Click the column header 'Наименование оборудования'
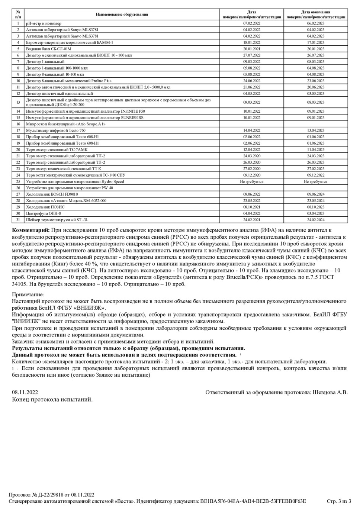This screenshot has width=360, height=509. pos(122,15)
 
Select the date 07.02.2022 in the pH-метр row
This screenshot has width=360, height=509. pos(252,23)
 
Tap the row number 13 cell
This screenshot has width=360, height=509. pos(18,102)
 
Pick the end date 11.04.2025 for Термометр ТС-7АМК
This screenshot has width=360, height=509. pos(315,149)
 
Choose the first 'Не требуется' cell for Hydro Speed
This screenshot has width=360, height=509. pos(252,181)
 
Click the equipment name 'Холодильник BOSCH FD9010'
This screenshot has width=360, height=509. pos(52,194)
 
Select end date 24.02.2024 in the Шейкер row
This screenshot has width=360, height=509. pos(315,220)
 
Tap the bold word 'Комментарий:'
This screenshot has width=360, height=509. pos(31,231)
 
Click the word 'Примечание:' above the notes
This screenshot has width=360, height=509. pos(28,294)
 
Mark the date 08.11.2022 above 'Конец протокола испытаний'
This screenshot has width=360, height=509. pos(25,392)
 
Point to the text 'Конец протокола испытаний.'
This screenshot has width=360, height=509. pos(52,400)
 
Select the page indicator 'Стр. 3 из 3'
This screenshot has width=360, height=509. pos(339,501)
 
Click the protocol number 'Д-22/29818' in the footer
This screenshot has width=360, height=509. pos(53,494)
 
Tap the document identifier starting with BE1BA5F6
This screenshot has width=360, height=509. pos(253,501)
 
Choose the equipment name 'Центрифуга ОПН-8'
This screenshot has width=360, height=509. pos(44,213)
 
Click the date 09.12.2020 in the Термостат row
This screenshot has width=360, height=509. pos(252,175)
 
